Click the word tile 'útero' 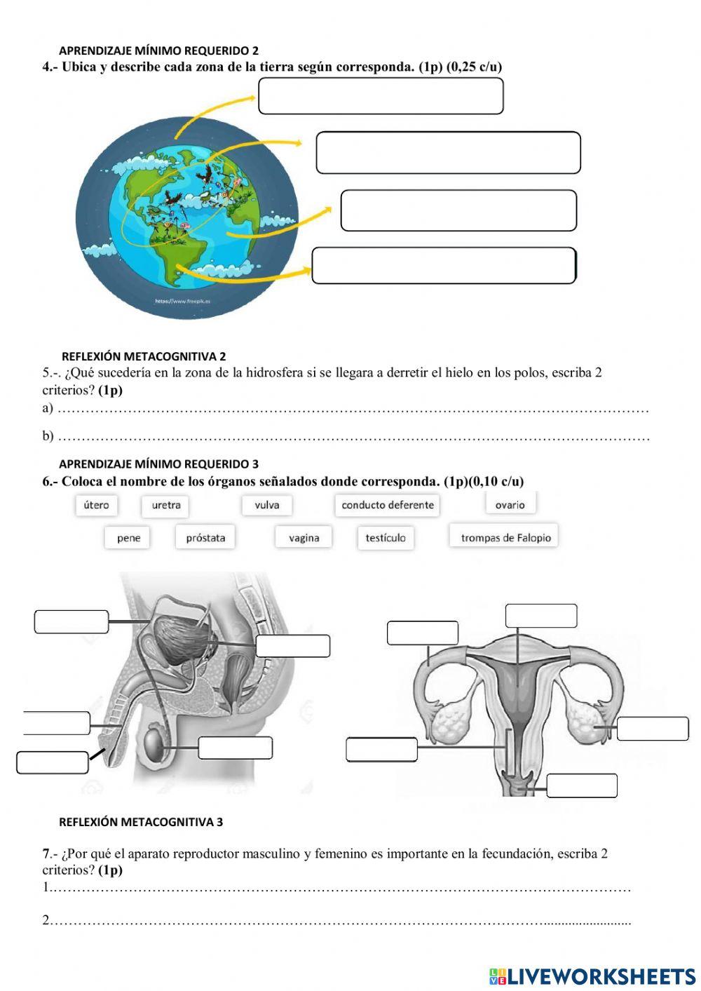coord(97,505)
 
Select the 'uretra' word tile coord(166,505)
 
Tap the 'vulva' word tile coord(267,505)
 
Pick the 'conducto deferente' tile coord(388,505)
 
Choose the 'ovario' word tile coord(510,504)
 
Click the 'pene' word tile coord(128,538)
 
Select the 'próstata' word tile coord(205,538)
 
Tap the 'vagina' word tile coord(304,538)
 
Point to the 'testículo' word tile coord(386,538)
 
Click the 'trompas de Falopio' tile coord(505,537)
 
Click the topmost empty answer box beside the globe coord(381,95)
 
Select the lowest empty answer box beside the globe coord(444,266)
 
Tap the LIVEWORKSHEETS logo coord(592,976)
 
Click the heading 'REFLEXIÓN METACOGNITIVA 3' coord(141,822)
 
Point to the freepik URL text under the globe coord(183,301)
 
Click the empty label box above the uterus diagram coord(541,616)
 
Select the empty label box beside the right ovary coord(653,729)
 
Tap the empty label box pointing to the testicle coord(235,748)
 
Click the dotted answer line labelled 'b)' coord(350,437)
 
